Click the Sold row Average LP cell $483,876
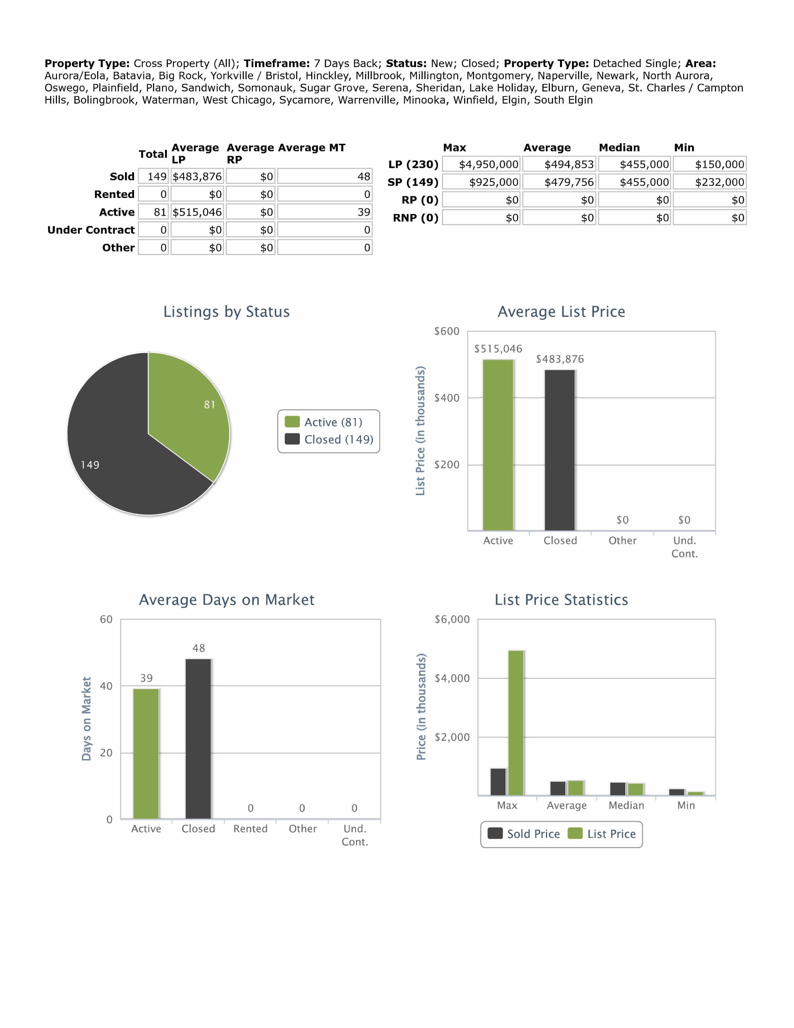click(197, 177)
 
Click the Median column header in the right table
click(619, 148)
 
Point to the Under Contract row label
click(91, 230)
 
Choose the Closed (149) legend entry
click(330, 440)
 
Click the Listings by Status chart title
click(226, 312)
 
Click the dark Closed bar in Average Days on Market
click(198, 739)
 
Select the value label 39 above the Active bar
click(147, 678)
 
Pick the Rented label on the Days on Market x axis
click(250, 829)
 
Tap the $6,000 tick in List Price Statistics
click(452, 620)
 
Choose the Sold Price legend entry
click(524, 834)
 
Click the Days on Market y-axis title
click(86, 719)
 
